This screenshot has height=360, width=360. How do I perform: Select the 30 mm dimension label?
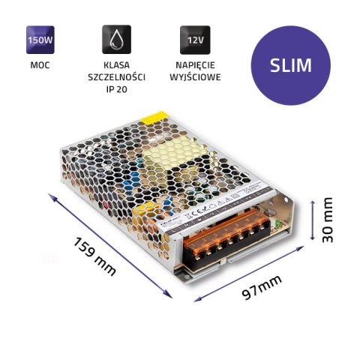tap(328, 219)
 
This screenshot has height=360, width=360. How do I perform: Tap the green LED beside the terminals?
tap(280, 223)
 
